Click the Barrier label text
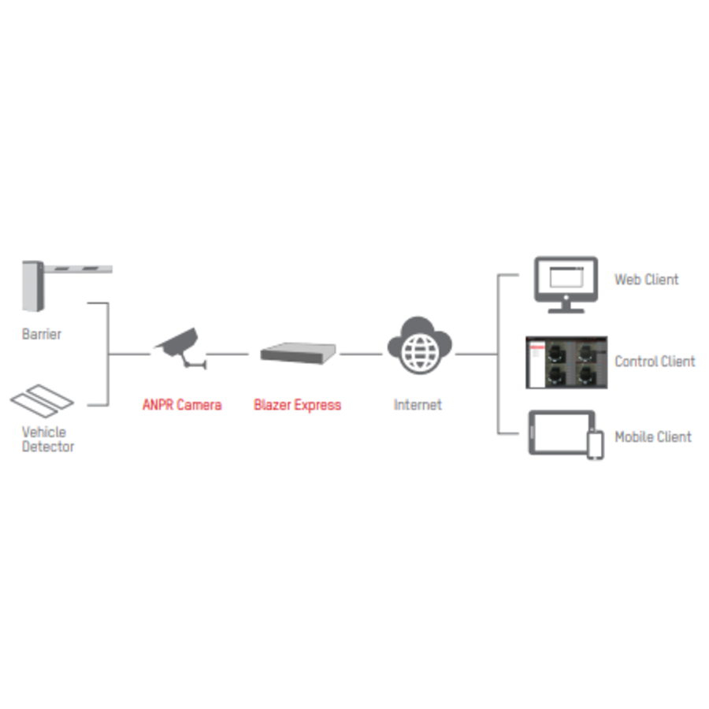[x=41, y=334]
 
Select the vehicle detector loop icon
[x=42, y=400]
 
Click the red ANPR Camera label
[x=182, y=405]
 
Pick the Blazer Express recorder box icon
[x=298, y=353]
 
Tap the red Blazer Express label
[x=297, y=405]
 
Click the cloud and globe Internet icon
[x=419, y=345]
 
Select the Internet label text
[x=418, y=405]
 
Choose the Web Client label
[x=646, y=280]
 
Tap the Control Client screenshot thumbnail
[x=567, y=362]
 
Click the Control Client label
[x=655, y=362]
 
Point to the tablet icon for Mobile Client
[x=559, y=432]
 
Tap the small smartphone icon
[x=596, y=445]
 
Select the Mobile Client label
[x=652, y=436]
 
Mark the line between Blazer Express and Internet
[x=362, y=354]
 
